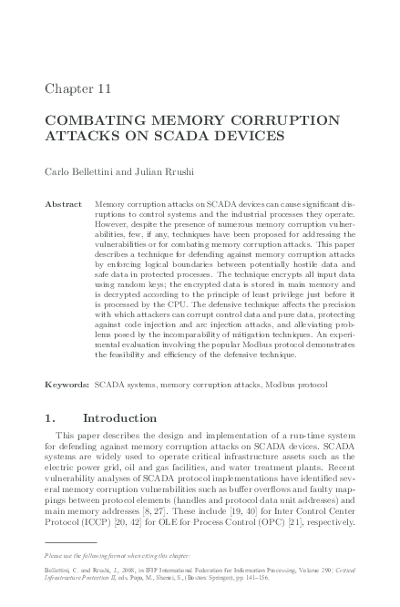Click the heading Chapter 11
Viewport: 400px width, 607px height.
77,87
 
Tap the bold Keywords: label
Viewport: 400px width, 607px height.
67,386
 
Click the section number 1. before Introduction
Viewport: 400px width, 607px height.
52,419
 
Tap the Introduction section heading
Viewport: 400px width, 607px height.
120,419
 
